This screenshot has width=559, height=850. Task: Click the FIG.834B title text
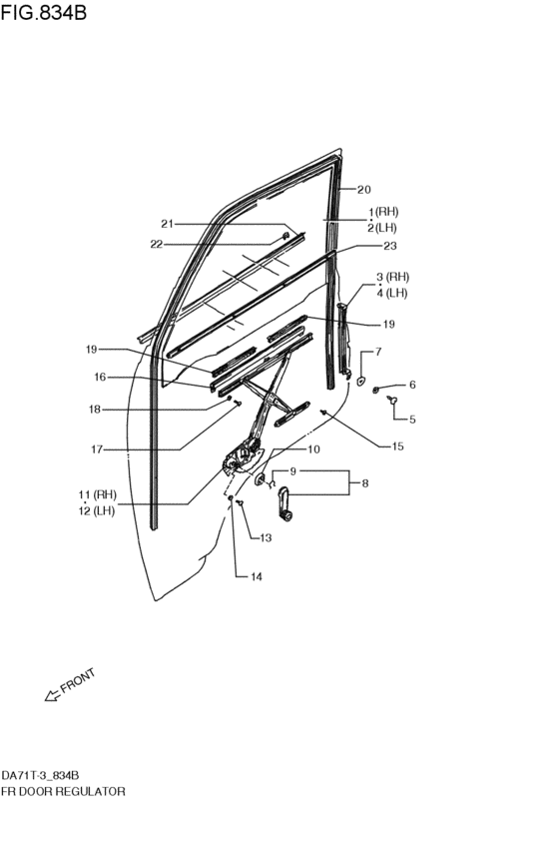coord(43,12)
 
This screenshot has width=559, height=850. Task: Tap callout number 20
coord(364,189)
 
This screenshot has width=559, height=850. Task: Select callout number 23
coord(390,246)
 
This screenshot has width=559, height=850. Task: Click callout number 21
coord(167,224)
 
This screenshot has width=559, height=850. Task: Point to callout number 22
coord(157,245)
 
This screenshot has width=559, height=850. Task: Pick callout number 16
coord(100,377)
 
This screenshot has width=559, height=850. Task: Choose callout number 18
coord(95,410)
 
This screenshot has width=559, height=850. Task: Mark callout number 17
coord(97,449)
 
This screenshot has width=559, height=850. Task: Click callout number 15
coord(397,446)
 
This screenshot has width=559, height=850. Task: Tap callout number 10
coord(313,449)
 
